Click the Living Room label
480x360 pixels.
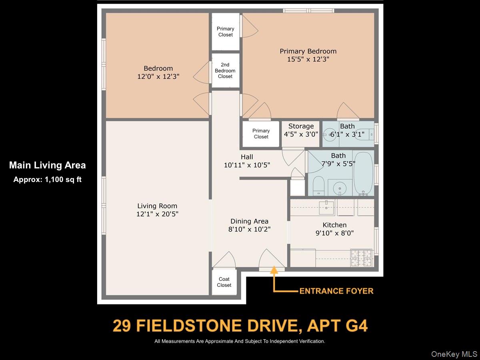pos(157,206)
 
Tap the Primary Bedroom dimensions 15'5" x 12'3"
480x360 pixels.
pos(308,59)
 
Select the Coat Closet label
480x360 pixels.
pos(224,282)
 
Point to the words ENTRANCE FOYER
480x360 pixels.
pos(336,291)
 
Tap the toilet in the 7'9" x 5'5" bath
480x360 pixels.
pos(318,186)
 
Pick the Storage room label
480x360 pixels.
pos(301,126)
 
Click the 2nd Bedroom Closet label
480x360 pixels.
pos(225,70)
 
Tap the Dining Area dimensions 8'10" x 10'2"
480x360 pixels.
pos(249,230)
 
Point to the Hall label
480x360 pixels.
pos(247,157)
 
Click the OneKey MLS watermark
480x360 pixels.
pos(454,354)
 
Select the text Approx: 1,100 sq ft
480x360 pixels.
pos(47,180)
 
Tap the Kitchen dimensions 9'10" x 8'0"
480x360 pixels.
pos(334,233)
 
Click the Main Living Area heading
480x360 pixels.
pos(47,165)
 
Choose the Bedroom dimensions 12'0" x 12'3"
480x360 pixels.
pos(158,76)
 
